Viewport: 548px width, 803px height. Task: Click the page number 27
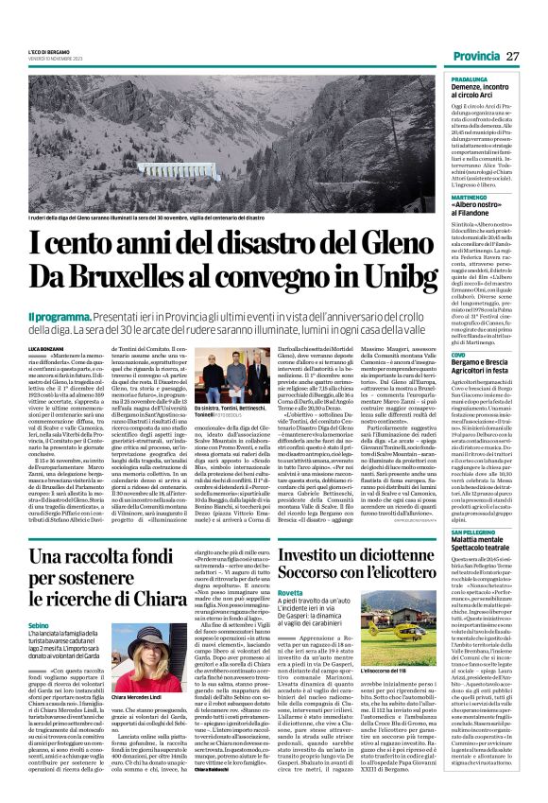tap(526, 57)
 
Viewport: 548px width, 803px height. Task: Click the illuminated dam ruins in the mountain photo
tap(190, 172)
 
